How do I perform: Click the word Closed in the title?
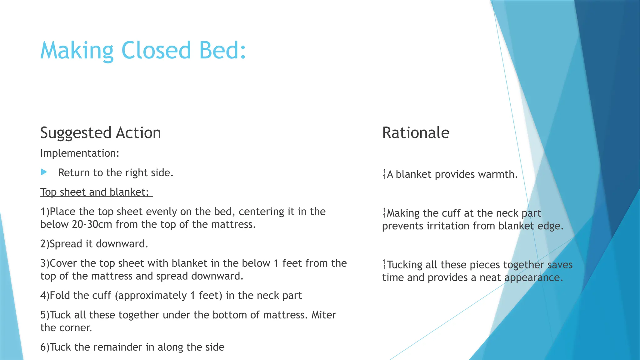156,50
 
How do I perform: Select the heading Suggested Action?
101,133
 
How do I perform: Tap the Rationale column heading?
416,133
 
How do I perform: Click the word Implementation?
80,153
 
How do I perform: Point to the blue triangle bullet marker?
44,172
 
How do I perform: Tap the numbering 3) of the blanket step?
45,263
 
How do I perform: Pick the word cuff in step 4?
102,295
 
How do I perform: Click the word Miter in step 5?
324,315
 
